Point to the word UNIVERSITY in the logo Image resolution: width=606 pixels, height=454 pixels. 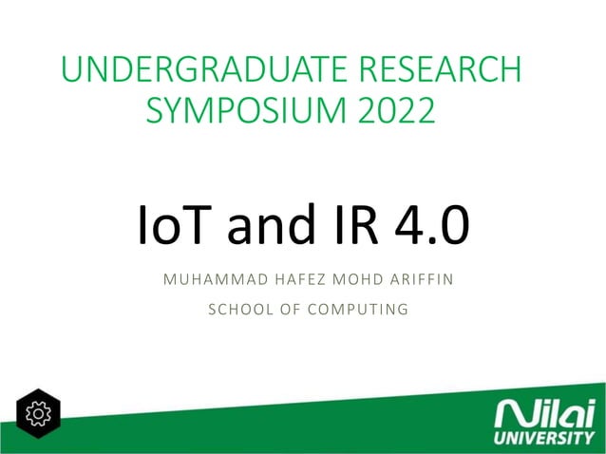click(543, 439)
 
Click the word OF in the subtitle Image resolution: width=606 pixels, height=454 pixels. click(286, 309)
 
